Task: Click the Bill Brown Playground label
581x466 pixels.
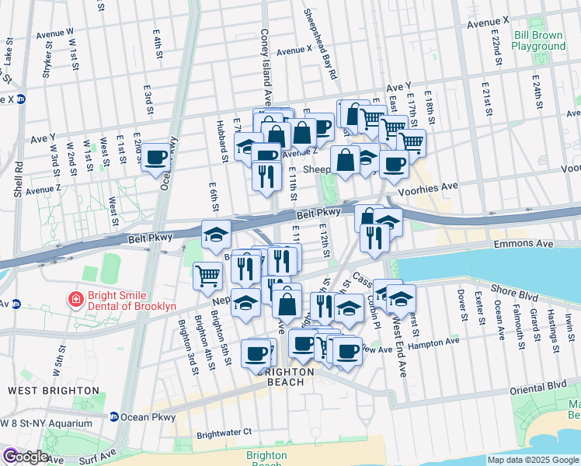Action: (x=539, y=40)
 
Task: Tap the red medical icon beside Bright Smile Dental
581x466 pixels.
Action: (x=75, y=298)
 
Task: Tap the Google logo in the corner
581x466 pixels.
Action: (x=25, y=457)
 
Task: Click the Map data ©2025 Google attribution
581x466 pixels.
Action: (x=533, y=460)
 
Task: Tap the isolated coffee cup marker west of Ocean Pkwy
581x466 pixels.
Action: (x=156, y=158)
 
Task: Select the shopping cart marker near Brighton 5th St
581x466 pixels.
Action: (x=208, y=274)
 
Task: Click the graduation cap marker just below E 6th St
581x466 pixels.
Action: (x=216, y=234)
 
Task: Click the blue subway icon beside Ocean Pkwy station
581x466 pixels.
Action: (x=113, y=416)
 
